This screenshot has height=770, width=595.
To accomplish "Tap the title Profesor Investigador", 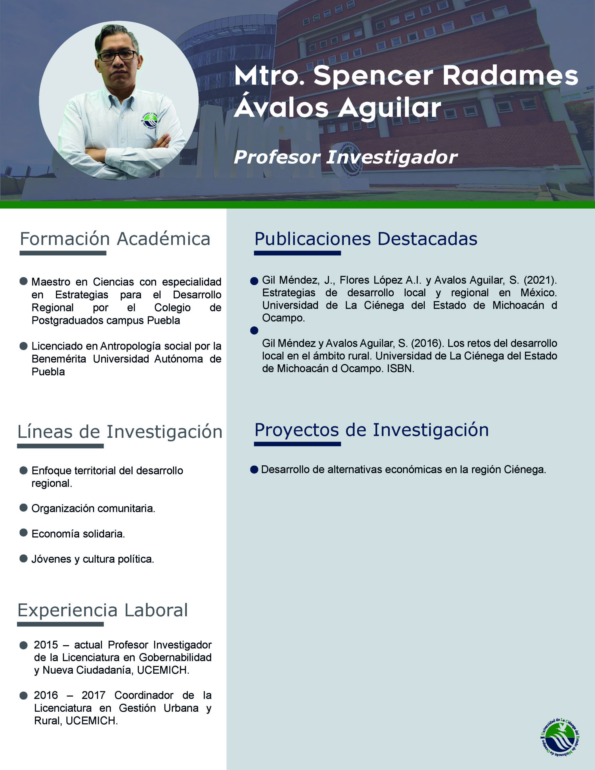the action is pyautogui.click(x=345, y=157).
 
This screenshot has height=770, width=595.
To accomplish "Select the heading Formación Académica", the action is pyautogui.click(x=115, y=239).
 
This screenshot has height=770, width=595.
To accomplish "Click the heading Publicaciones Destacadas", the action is pyautogui.click(x=366, y=239).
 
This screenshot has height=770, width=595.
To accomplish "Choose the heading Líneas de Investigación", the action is pyautogui.click(x=120, y=432).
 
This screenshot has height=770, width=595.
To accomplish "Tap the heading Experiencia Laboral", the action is pyautogui.click(x=103, y=610).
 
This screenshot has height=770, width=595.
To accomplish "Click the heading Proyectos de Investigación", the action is pyautogui.click(x=371, y=430).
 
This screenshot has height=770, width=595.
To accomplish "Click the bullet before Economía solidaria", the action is pyautogui.click(x=24, y=532).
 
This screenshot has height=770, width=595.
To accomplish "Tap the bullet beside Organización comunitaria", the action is pyautogui.click(x=24, y=507).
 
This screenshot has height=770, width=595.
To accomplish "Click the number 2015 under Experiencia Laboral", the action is pyautogui.click(x=46, y=645).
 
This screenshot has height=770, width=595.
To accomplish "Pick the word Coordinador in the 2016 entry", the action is pyautogui.click(x=144, y=695).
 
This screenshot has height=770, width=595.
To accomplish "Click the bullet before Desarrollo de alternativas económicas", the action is pyautogui.click(x=254, y=470).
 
